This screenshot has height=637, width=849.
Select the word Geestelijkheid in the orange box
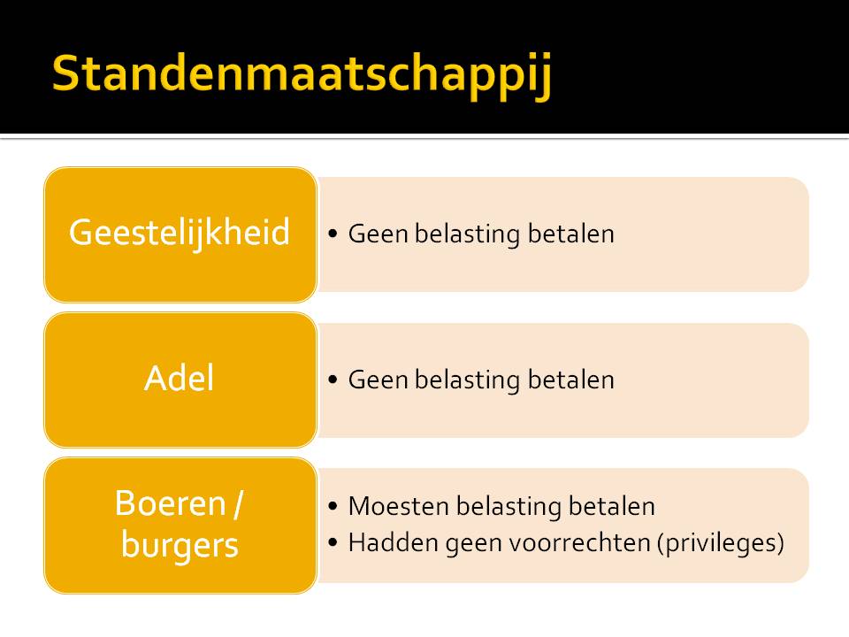tap(180, 234)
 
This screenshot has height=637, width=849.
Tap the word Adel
tap(180, 378)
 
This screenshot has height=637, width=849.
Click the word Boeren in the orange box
tap(170, 503)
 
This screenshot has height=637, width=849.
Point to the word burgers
tap(180, 545)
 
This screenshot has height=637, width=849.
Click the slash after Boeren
tap(238, 504)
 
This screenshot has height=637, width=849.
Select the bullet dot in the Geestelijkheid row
tap(333, 234)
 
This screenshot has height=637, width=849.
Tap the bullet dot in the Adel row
tap(333, 380)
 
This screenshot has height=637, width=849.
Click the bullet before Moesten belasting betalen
tap(333, 506)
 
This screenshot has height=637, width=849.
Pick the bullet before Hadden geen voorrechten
tap(333, 542)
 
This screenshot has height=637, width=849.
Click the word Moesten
tap(398, 506)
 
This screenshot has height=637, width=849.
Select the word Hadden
tap(393, 542)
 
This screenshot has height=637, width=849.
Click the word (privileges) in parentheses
tap(721, 543)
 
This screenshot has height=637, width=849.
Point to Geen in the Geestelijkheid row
tap(378, 234)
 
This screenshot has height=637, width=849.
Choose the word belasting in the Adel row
tap(468, 380)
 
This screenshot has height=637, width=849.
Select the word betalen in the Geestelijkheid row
tap(571, 234)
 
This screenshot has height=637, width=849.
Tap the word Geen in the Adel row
tap(378, 380)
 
